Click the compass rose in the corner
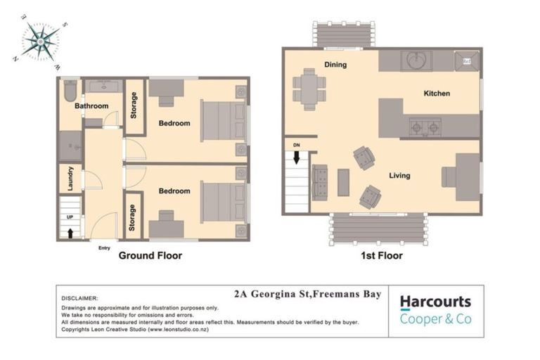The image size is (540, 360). [x=40, y=41]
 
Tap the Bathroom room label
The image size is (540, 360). [x=91, y=106]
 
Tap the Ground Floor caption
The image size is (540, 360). [x=149, y=256]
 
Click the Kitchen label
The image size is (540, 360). [x=436, y=94]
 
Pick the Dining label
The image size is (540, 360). [x=335, y=65]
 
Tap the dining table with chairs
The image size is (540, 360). [x=309, y=88]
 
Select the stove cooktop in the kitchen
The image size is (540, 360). [x=425, y=128]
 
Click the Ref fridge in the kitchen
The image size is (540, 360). [x=467, y=61]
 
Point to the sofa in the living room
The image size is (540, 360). [x=319, y=182]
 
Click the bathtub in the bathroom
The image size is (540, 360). [x=70, y=91]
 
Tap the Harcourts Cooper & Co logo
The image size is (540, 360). [x=435, y=310]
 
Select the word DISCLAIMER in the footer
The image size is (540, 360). [x=79, y=298]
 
